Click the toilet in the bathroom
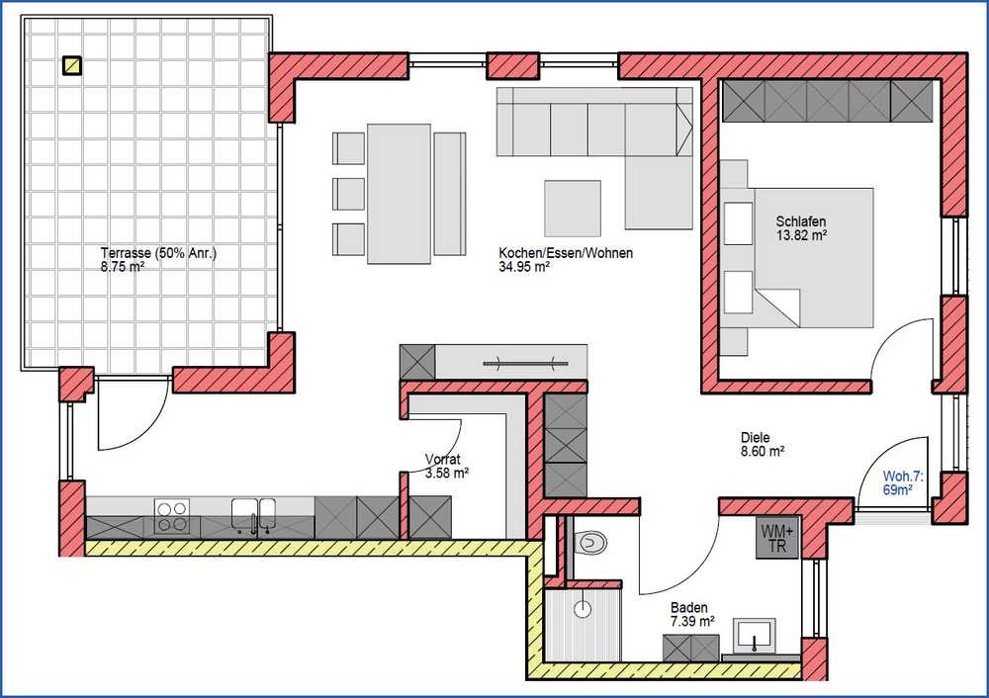point(591,542)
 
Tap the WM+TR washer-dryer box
point(777,537)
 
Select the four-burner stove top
point(172,516)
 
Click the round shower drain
point(583,609)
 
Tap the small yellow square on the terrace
point(72,65)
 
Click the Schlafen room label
point(801,221)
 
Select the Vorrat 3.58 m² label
point(447,466)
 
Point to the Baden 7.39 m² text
point(692,615)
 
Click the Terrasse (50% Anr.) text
point(158,253)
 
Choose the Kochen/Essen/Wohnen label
point(566,253)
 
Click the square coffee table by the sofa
point(573,208)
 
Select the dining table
point(400,194)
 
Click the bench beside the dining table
point(450,194)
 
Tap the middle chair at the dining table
point(349,194)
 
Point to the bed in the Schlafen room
point(814,257)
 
